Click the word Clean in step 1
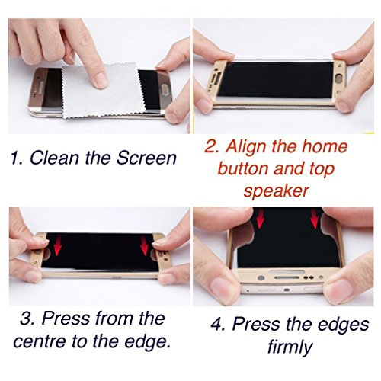coord(54,158)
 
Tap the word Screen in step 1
coord(146,158)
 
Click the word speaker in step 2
coord(276,191)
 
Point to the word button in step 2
coord(243,168)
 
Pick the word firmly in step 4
coord(290,347)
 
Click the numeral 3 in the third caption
coord(27,319)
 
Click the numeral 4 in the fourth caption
coord(217,324)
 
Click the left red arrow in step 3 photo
coord(58,246)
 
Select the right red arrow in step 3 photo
coord(145,246)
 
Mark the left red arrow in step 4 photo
coord(260,219)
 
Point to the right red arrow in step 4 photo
coord(315,219)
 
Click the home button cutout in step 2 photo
coord(340,78)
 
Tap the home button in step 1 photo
coord(164,91)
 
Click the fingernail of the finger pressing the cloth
coord(101,81)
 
